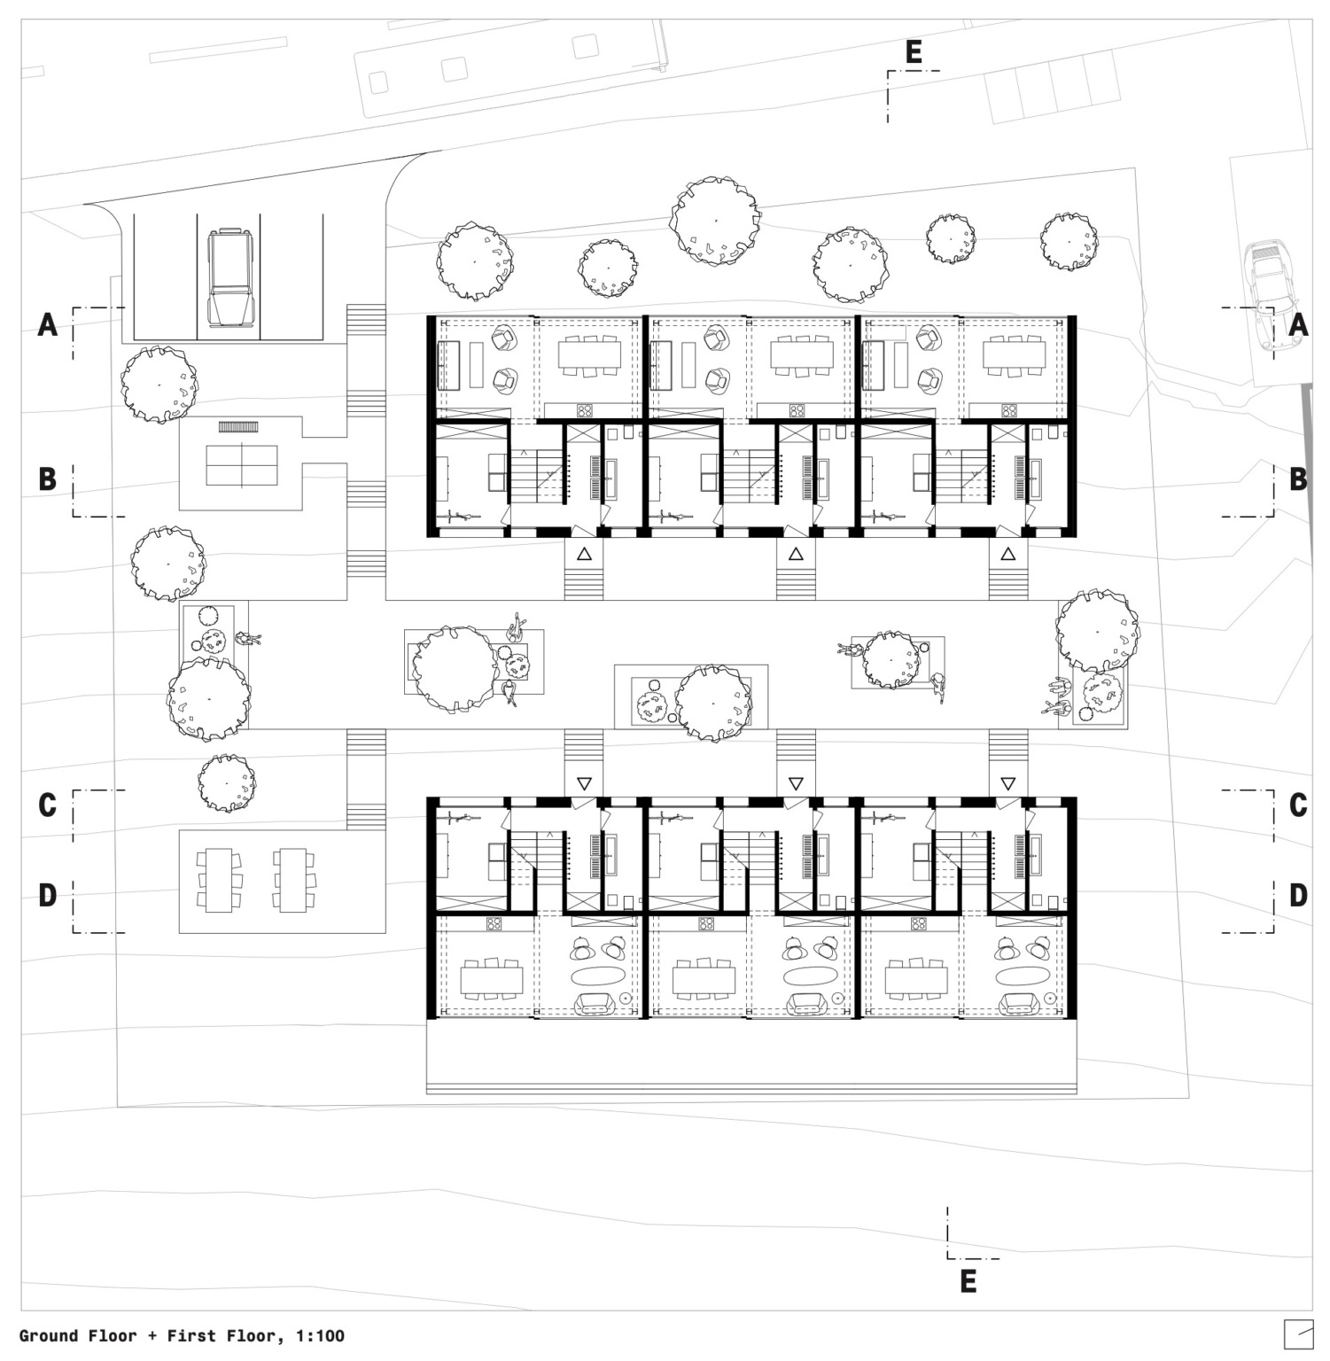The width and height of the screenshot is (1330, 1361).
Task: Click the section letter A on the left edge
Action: tap(48, 325)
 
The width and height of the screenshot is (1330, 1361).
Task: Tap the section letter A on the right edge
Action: tap(1298, 325)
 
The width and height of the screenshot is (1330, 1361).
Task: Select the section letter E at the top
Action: tap(914, 52)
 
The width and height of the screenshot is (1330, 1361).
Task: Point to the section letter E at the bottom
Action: tap(968, 1281)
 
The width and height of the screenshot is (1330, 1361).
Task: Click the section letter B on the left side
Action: tap(48, 479)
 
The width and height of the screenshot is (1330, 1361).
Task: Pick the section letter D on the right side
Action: tap(1298, 896)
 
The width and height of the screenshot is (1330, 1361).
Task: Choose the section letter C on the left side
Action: tap(48, 805)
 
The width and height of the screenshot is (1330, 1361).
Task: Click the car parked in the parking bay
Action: tap(230, 278)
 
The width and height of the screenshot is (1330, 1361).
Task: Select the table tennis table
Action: tap(241, 465)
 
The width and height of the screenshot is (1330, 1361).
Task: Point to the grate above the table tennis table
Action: tap(237, 427)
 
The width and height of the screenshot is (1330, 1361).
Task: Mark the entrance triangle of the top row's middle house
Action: tap(796, 555)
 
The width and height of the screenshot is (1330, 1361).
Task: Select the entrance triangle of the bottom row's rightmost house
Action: tap(1007, 784)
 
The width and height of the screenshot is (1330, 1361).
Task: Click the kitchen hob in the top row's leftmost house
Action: tap(585, 410)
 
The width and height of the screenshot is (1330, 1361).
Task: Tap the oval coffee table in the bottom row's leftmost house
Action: tap(597, 976)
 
